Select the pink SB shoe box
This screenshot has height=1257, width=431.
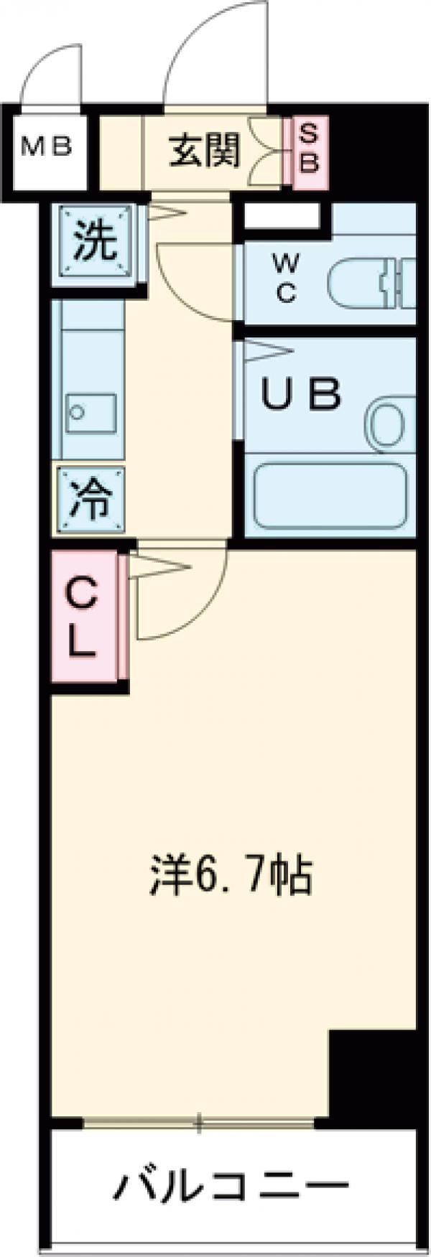pyautogui.click(x=307, y=151)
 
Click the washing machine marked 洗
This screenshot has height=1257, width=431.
pyautogui.click(x=96, y=243)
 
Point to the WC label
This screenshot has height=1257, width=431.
pyautogui.click(x=285, y=282)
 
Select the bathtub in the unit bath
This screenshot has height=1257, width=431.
pyautogui.click(x=329, y=495)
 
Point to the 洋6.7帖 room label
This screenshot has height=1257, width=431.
pyautogui.click(x=230, y=876)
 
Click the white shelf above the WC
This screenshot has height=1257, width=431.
pyautogui.click(x=282, y=216)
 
